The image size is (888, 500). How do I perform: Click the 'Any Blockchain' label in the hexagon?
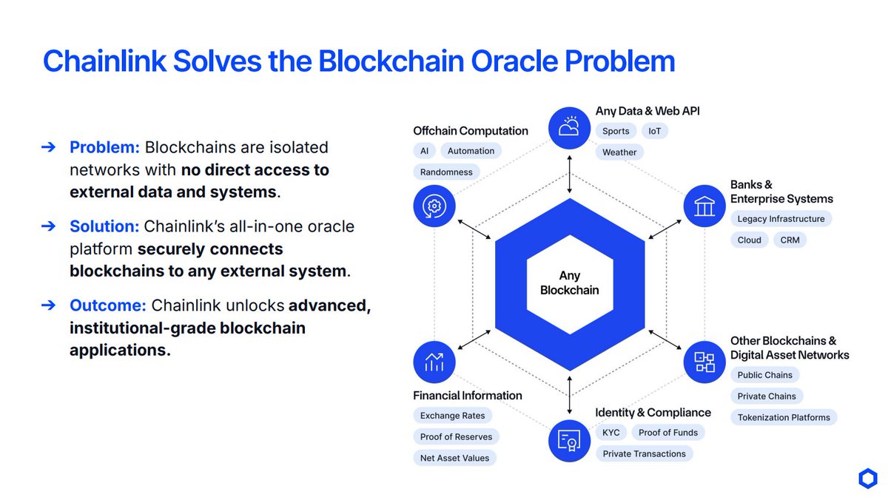pyautogui.click(x=569, y=283)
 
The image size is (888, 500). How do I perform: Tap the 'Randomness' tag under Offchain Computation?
pyautogui.click(x=446, y=172)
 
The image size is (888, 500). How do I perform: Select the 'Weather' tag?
pyautogui.click(x=619, y=152)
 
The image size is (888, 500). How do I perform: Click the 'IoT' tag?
pyautogui.click(x=654, y=131)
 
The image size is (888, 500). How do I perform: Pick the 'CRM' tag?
pyautogui.click(x=790, y=240)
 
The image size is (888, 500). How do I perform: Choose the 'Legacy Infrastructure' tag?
pyautogui.click(x=781, y=219)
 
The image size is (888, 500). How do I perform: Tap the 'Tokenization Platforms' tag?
pyautogui.click(x=784, y=417)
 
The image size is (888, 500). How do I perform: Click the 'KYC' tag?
pyautogui.click(x=610, y=433)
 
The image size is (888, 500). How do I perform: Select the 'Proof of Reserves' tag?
pyautogui.click(x=456, y=436)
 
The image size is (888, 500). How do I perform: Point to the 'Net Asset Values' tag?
pyautogui.click(x=454, y=458)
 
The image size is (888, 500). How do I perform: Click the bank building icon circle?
pyautogui.click(x=704, y=206)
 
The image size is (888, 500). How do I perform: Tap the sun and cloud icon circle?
pyautogui.click(x=569, y=127)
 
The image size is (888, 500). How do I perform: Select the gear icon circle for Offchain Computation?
pyautogui.click(x=434, y=206)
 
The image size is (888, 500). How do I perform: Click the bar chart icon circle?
pyautogui.click(x=434, y=362)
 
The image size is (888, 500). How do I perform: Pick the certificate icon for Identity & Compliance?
pyautogui.click(x=569, y=441)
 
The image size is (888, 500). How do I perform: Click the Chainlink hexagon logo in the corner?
pyautogui.click(x=867, y=479)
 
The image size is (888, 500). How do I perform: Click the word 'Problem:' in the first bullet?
pyautogui.click(x=104, y=147)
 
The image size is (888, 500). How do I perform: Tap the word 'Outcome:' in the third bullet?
pyautogui.click(x=108, y=305)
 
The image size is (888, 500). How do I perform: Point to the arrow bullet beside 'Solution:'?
pyautogui.click(x=48, y=226)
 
